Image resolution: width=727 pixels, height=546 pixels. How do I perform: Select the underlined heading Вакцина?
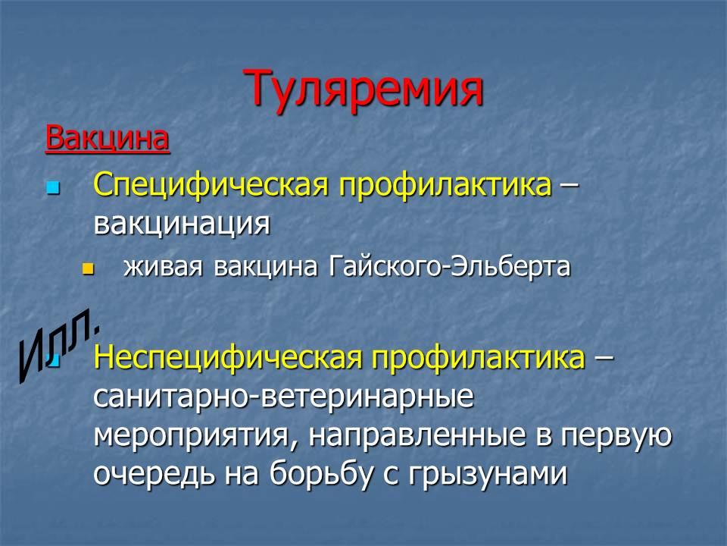coord(108,138)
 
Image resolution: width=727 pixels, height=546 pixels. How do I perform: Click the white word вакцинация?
coord(182,224)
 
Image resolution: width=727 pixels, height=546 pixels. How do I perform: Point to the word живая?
coord(163,267)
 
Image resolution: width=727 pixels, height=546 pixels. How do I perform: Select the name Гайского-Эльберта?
coord(450,267)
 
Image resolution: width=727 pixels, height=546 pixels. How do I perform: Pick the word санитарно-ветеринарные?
coord(284,397)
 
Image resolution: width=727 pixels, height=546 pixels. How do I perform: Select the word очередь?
coord(154,475)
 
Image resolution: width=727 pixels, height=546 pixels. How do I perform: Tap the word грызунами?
coord(488,475)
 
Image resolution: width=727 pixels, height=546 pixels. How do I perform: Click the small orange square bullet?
coord(88,268)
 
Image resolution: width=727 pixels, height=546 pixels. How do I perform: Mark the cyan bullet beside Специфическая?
coord(53,188)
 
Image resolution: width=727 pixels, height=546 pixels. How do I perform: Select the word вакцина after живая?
coord(266,268)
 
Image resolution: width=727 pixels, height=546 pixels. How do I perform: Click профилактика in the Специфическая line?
coord(445,187)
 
